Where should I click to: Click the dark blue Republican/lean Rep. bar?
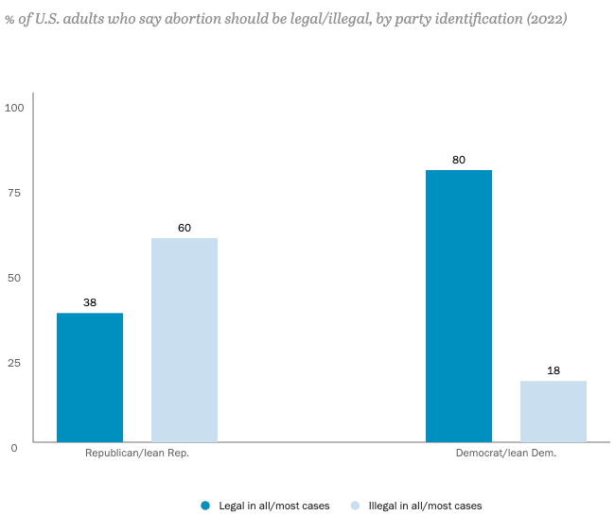point(90,377)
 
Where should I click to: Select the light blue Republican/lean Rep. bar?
point(184,339)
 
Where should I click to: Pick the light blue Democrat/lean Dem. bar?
point(553,411)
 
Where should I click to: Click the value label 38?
point(90,303)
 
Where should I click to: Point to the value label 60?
point(184,228)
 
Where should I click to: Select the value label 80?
point(459,160)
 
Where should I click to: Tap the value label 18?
point(553,370)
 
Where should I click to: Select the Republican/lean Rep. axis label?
point(137,454)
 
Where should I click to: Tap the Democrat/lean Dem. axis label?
point(506,454)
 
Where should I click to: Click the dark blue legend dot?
point(204,506)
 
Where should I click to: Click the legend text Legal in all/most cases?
point(272,506)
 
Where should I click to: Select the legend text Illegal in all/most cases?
point(425,506)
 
